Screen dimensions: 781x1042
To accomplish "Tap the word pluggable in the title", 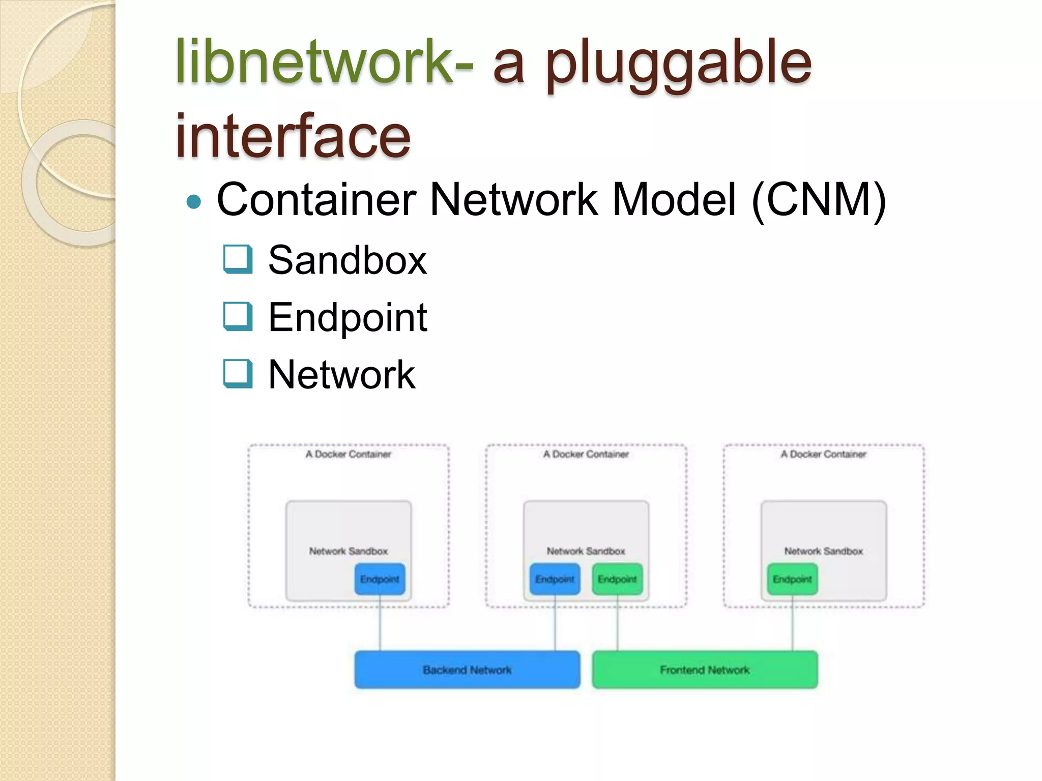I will click(x=679, y=64).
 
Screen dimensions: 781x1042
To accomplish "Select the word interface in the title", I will click(x=293, y=136).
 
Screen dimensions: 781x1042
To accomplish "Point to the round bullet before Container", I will click(x=194, y=202).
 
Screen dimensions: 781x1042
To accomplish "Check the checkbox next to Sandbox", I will click(x=238, y=259).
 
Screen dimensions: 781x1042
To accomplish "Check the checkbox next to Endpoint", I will click(x=238, y=316).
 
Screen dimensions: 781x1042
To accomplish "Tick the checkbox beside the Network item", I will click(x=238, y=373).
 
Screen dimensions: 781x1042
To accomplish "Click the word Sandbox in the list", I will click(x=348, y=260).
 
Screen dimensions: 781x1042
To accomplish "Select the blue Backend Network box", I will click(x=467, y=670).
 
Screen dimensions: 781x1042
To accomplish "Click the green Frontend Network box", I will click(x=705, y=670).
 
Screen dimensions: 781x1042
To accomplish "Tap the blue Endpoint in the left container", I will click(x=380, y=579).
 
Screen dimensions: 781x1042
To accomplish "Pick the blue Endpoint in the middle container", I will click(x=555, y=579).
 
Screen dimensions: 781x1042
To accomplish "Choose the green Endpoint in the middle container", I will click(x=617, y=579).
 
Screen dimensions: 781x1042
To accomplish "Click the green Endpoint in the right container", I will click(x=792, y=579).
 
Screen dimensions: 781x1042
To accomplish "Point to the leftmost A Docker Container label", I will click(x=349, y=454).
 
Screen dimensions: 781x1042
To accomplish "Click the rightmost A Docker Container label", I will click(x=823, y=454).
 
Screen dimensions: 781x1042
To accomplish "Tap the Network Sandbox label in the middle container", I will click(x=586, y=551).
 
